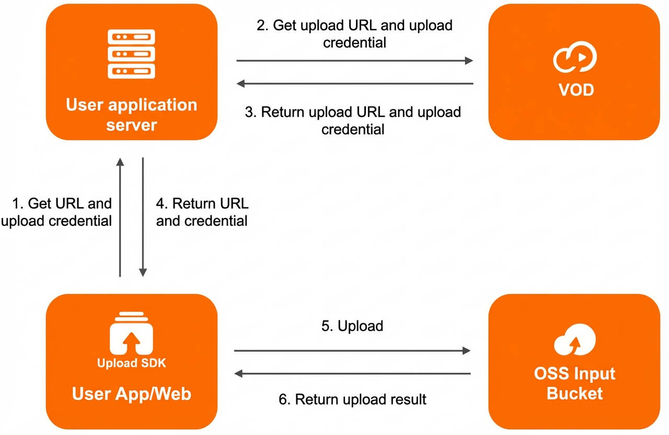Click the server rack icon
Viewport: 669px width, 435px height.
pyautogui.click(x=131, y=54)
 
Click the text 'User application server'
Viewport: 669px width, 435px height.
pyautogui.click(x=131, y=115)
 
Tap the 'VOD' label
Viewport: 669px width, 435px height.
pyautogui.click(x=576, y=89)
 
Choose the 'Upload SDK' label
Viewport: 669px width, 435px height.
pyautogui.click(x=131, y=363)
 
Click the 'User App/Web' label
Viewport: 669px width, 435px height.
pyautogui.click(x=131, y=394)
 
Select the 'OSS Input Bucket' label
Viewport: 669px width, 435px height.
pyautogui.click(x=574, y=383)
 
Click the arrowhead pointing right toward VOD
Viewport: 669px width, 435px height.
pyautogui.click(x=469, y=61)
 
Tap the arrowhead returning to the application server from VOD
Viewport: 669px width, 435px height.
pyautogui.click(x=240, y=84)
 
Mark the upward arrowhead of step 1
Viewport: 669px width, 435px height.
pyautogui.click(x=120, y=162)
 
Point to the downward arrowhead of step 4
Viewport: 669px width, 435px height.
pyautogui.click(x=143, y=272)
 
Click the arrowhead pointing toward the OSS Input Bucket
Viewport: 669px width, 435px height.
pyautogui.click(x=467, y=351)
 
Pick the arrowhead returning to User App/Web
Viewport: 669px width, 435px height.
pyautogui.click(x=238, y=373)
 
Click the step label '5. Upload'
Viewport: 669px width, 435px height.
pyautogui.click(x=352, y=326)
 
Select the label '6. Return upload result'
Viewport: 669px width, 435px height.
pyautogui.click(x=352, y=399)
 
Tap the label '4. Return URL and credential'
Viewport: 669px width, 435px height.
pyautogui.click(x=202, y=212)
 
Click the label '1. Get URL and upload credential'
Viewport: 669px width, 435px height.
pyautogui.click(x=56, y=212)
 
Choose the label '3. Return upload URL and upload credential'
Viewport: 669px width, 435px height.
pyautogui.click(x=353, y=121)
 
